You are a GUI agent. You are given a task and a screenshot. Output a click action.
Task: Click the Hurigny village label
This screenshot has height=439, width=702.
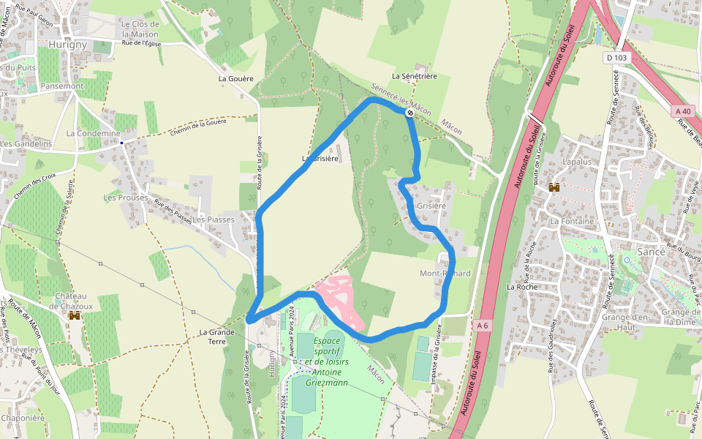[x=67, y=44]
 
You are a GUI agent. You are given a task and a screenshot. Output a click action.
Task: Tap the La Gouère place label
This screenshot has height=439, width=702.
[x=235, y=78]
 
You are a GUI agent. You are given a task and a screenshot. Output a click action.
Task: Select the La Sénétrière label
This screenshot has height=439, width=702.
[x=414, y=75]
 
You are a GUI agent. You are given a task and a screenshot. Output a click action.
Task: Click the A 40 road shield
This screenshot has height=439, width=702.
[x=683, y=110]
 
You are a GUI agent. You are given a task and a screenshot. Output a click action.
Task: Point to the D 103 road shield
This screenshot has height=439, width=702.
[x=616, y=57]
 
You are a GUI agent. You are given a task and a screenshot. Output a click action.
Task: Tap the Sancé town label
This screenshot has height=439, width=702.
[x=651, y=251]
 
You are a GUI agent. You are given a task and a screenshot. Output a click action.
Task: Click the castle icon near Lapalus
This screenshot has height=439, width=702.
[x=554, y=187]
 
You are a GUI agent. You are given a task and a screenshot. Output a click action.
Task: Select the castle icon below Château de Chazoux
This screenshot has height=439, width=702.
[x=74, y=315]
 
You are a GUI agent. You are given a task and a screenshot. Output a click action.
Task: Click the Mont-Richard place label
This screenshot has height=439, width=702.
[x=445, y=274]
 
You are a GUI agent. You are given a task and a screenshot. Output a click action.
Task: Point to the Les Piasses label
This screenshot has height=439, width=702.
[x=214, y=219]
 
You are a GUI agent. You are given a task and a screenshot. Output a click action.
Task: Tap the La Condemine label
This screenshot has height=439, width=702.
[x=93, y=133]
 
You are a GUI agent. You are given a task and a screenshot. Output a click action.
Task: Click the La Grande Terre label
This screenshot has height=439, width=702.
[x=216, y=337]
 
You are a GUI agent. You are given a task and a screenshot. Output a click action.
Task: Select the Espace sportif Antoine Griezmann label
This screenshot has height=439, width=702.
[x=326, y=361]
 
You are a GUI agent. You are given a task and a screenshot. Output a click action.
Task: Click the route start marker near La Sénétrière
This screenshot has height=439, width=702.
[x=410, y=113]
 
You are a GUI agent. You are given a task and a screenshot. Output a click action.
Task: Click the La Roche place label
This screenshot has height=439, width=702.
[x=522, y=287]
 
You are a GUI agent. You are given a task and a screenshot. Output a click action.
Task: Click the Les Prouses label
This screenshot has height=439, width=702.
[x=125, y=198]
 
